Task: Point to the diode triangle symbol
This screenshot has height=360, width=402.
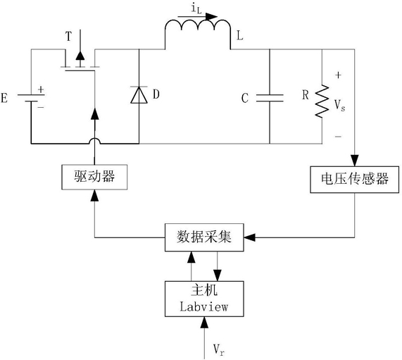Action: pyautogui.click(x=139, y=95)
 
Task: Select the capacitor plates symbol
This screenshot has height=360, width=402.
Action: pyautogui.click(x=270, y=98)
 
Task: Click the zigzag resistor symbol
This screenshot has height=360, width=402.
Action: pyautogui.click(x=322, y=101)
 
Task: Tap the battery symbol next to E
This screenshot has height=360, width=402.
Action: pyautogui.click(x=31, y=98)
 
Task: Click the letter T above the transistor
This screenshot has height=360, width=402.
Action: pyautogui.click(x=68, y=36)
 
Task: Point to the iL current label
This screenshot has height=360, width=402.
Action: pyautogui.click(x=196, y=8)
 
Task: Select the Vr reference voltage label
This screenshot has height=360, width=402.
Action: pyautogui.click(x=219, y=349)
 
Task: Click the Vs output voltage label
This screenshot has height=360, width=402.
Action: pyautogui.click(x=340, y=105)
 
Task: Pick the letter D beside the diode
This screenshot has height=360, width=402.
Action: pyautogui.click(x=156, y=94)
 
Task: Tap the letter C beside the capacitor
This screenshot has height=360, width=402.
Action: pyautogui.click(x=245, y=98)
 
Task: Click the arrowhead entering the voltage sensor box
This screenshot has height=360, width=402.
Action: pyautogui.click(x=355, y=161)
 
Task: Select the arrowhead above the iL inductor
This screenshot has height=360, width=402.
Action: pyautogui.click(x=211, y=17)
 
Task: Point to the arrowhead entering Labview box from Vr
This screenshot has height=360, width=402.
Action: pyautogui.click(x=204, y=322)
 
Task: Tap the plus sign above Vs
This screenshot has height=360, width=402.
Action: pyautogui.click(x=339, y=75)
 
